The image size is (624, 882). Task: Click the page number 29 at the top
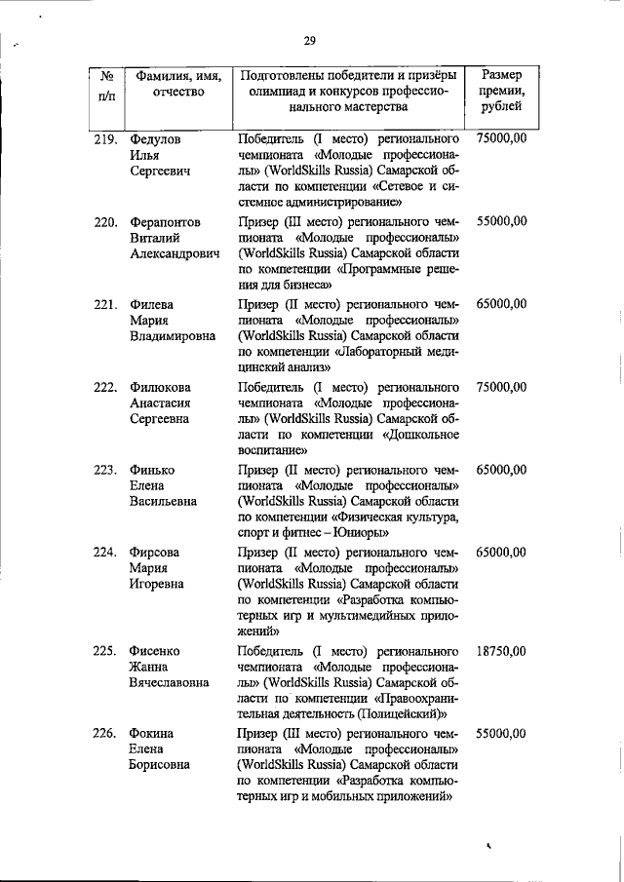pos(309,40)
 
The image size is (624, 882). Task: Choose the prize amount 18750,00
pos(502,651)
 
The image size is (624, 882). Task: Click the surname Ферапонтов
pos(166,222)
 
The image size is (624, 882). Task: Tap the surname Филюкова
pos(162,388)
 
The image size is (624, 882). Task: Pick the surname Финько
pos(151,470)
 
